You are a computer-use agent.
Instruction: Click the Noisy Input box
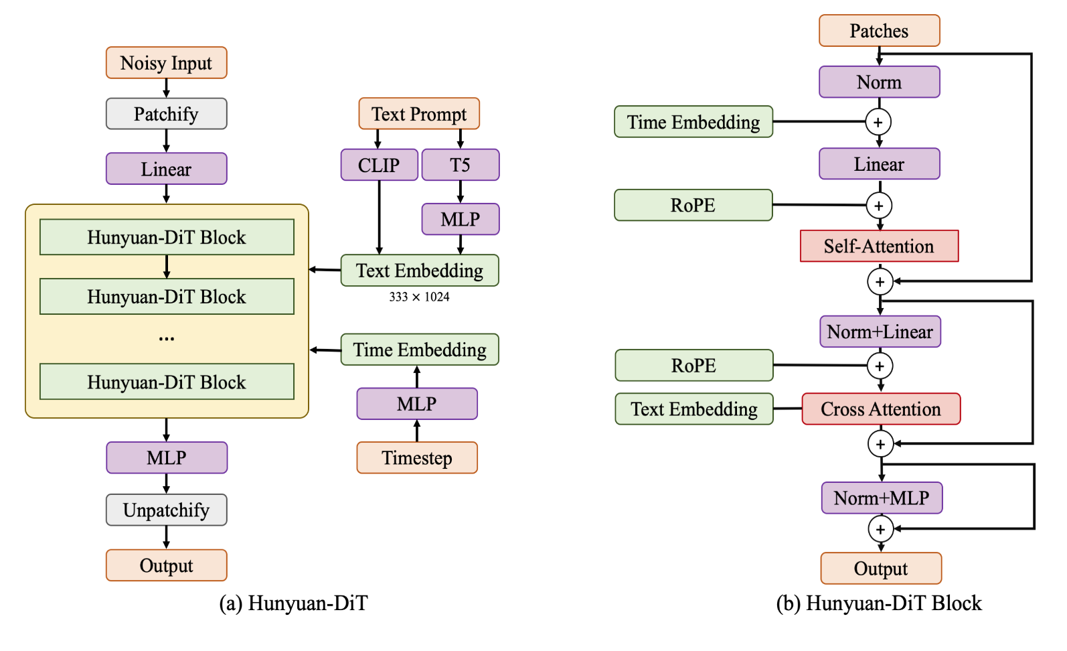tap(166, 63)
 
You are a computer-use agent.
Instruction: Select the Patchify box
tap(166, 114)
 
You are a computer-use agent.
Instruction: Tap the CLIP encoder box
tap(379, 165)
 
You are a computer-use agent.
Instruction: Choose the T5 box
tap(460, 165)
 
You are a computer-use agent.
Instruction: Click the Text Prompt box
tap(419, 114)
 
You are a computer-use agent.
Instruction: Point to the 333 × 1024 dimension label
tap(419, 297)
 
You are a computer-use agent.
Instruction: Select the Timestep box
tap(416, 458)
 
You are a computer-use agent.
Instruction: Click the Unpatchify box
tap(166, 510)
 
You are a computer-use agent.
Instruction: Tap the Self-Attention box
tap(879, 246)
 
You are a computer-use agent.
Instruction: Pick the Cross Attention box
tap(881, 409)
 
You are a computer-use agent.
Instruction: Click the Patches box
tap(879, 31)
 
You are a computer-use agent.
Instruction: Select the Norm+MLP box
tap(882, 498)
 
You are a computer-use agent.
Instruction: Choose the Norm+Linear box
tap(880, 332)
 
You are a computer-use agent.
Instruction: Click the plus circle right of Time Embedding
tap(878, 122)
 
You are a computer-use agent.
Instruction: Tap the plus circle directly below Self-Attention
tap(880, 282)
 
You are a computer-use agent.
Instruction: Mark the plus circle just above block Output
tap(881, 529)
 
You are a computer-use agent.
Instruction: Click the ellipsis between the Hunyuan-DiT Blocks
tap(167, 339)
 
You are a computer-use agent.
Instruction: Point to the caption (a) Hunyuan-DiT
tap(293, 603)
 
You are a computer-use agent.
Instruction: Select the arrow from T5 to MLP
tap(460, 192)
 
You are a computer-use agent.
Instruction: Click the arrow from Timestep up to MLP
tap(417, 431)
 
